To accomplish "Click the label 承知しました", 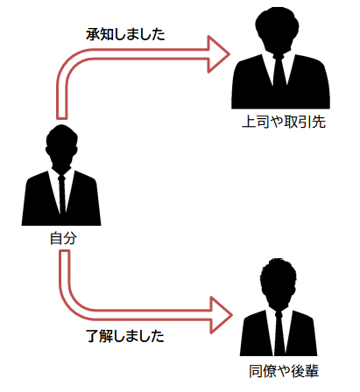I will [x=126, y=35].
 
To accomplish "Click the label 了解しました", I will [x=126, y=335].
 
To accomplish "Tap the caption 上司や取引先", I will [x=283, y=122].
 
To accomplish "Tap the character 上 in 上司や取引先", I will [x=249, y=122].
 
